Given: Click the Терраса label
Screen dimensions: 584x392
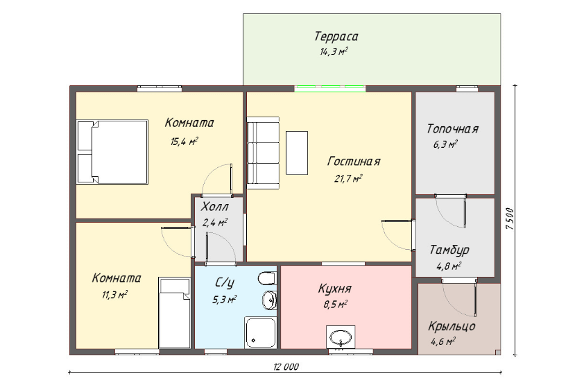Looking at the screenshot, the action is tap(336, 37).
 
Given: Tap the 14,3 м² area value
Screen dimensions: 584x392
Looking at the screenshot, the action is tap(334, 51).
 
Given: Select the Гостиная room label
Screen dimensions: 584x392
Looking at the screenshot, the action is tap(354, 162).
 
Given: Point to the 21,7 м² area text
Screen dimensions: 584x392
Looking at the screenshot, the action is tap(348, 179).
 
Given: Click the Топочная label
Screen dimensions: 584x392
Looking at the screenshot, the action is tap(452, 129).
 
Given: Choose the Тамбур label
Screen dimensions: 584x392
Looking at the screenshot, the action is tap(449, 250).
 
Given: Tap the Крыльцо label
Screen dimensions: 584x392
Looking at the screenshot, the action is tap(452, 326).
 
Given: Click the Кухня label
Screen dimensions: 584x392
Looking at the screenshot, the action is tap(334, 289).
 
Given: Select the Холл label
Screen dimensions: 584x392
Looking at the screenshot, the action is tap(214, 207).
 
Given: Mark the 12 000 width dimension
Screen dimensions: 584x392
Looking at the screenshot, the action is tap(286, 367).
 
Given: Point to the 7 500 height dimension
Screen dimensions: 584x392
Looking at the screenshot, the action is tap(510, 219).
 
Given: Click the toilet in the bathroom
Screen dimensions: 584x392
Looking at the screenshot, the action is tap(267, 278).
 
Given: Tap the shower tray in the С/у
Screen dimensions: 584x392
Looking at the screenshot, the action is tap(260, 333).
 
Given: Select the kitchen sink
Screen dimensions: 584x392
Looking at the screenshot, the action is tap(341, 338).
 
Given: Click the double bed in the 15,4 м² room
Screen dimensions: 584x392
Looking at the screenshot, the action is tap(112, 152).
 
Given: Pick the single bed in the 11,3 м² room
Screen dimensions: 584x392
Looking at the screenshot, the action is tap(175, 313).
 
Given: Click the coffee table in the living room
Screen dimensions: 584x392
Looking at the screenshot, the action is tap(297, 153).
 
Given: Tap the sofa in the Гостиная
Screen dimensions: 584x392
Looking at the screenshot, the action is tap(263, 153).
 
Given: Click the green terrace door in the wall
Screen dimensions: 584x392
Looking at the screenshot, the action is tap(330, 89).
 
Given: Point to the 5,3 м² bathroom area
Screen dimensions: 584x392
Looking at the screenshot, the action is tap(225, 300).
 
